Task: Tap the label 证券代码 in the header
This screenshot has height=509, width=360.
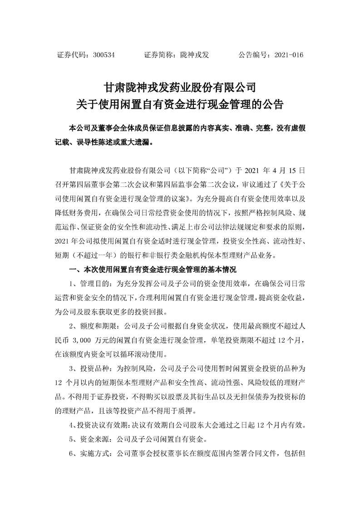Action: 71,55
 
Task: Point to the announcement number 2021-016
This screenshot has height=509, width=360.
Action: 289,55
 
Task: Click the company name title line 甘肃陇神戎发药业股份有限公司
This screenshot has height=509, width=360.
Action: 180,86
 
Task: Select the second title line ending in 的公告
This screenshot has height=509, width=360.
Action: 180,105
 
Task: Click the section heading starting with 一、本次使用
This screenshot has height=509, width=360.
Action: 153,270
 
